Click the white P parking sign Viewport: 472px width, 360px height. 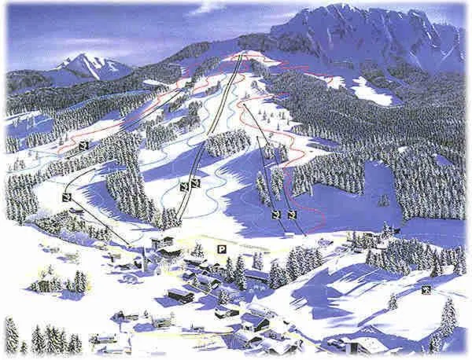223,249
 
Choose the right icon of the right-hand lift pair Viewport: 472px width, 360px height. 292,214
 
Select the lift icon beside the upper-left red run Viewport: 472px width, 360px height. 83,148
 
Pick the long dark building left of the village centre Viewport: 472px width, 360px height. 180,294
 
